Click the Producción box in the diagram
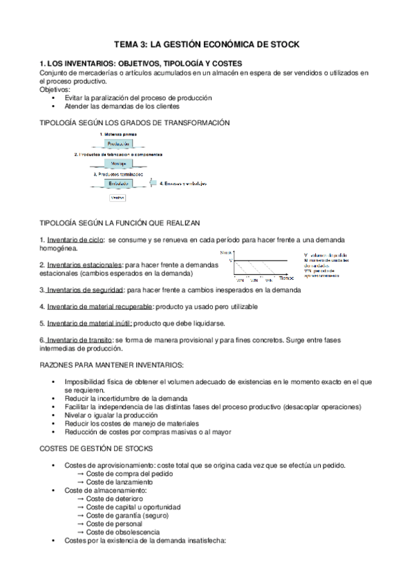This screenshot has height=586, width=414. pos(118,143)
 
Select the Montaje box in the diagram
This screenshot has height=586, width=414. pos(118,164)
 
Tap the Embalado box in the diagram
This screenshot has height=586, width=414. pos(118,184)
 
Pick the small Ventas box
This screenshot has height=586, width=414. pos(118,198)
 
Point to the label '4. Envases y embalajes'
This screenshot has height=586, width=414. pos(184,184)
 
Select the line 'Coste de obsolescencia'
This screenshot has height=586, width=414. pos(123,532)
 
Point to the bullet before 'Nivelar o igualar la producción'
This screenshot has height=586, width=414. pos(53,415)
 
